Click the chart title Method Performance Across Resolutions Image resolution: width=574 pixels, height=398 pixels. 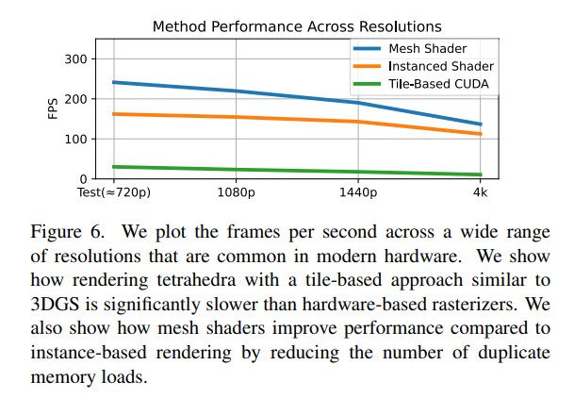297,26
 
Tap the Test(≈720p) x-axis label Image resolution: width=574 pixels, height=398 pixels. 114,193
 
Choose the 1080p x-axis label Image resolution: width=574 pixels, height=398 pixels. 236,193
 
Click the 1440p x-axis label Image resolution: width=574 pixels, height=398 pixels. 358,193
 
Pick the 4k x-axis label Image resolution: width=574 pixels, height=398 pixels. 480,193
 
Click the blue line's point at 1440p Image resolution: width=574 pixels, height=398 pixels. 358,103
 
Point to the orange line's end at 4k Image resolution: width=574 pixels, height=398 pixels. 480,134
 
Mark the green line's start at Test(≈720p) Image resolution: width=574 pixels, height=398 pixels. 114,167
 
